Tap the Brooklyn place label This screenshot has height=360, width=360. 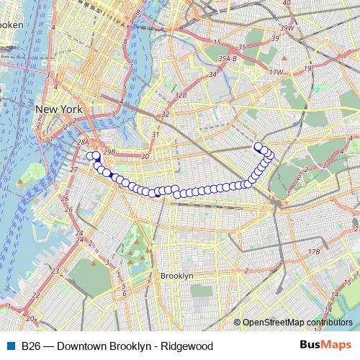click(177, 276)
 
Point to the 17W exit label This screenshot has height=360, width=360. click(276, 72)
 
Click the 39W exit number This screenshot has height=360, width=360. click(287, 28)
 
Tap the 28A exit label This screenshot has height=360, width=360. click(83, 143)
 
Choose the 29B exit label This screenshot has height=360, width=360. click(109, 152)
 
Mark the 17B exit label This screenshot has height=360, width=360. click(314, 252)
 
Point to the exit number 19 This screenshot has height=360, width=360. click(307, 68)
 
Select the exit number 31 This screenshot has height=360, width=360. click(155, 134)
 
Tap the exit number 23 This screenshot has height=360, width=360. click(56, 291)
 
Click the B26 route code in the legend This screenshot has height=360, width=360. click(30, 346)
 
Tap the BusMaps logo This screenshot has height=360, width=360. click(325, 346)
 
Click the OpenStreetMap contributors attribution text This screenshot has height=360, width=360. click(297, 323)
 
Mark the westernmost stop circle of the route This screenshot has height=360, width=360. click(89, 156)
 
